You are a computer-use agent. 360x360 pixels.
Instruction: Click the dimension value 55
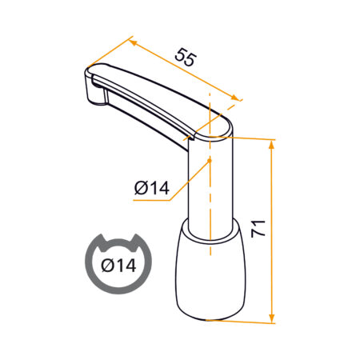click(x=186, y=57)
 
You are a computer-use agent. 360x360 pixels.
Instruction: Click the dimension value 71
click(x=258, y=229)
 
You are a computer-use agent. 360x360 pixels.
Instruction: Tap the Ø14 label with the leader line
click(x=152, y=187)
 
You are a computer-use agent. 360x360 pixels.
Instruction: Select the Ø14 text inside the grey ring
click(x=118, y=266)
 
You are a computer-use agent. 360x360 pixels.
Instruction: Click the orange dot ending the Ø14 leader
click(x=210, y=160)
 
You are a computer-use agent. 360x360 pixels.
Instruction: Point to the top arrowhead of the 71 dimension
click(x=271, y=146)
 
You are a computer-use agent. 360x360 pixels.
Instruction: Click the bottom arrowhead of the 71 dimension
click(x=271, y=318)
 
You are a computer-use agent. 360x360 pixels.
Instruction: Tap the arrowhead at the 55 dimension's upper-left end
click(x=134, y=43)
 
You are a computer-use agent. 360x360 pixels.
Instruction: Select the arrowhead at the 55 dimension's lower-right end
click(x=235, y=98)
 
